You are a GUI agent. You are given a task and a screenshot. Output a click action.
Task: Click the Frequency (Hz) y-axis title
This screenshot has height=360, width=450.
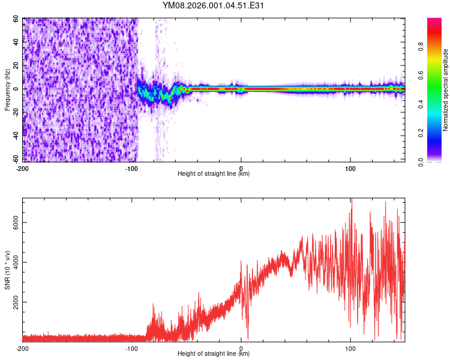[x=7, y=90]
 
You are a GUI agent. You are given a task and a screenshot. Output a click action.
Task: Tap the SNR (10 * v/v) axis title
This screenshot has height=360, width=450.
[x=7, y=270]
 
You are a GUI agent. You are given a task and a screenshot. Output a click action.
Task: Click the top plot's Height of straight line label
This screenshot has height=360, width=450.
[x=214, y=173]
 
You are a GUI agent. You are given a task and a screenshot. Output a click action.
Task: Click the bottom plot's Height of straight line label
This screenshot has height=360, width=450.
[x=214, y=353]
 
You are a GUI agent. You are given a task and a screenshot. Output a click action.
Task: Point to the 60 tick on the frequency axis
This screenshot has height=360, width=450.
[x=16, y=19]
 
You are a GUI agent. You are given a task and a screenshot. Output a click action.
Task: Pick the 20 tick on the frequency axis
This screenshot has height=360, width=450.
[x=16, y=65]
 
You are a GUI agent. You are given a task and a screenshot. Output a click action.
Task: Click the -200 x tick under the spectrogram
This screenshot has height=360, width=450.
[x=23, y=167]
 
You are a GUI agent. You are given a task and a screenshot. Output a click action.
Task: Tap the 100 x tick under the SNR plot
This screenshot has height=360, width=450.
[x=350, y=347]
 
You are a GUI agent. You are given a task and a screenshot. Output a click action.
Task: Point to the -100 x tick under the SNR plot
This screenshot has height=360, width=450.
[x=131, y=347]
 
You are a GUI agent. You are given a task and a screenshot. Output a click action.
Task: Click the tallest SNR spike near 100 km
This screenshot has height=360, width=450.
[x=352, y=200]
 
